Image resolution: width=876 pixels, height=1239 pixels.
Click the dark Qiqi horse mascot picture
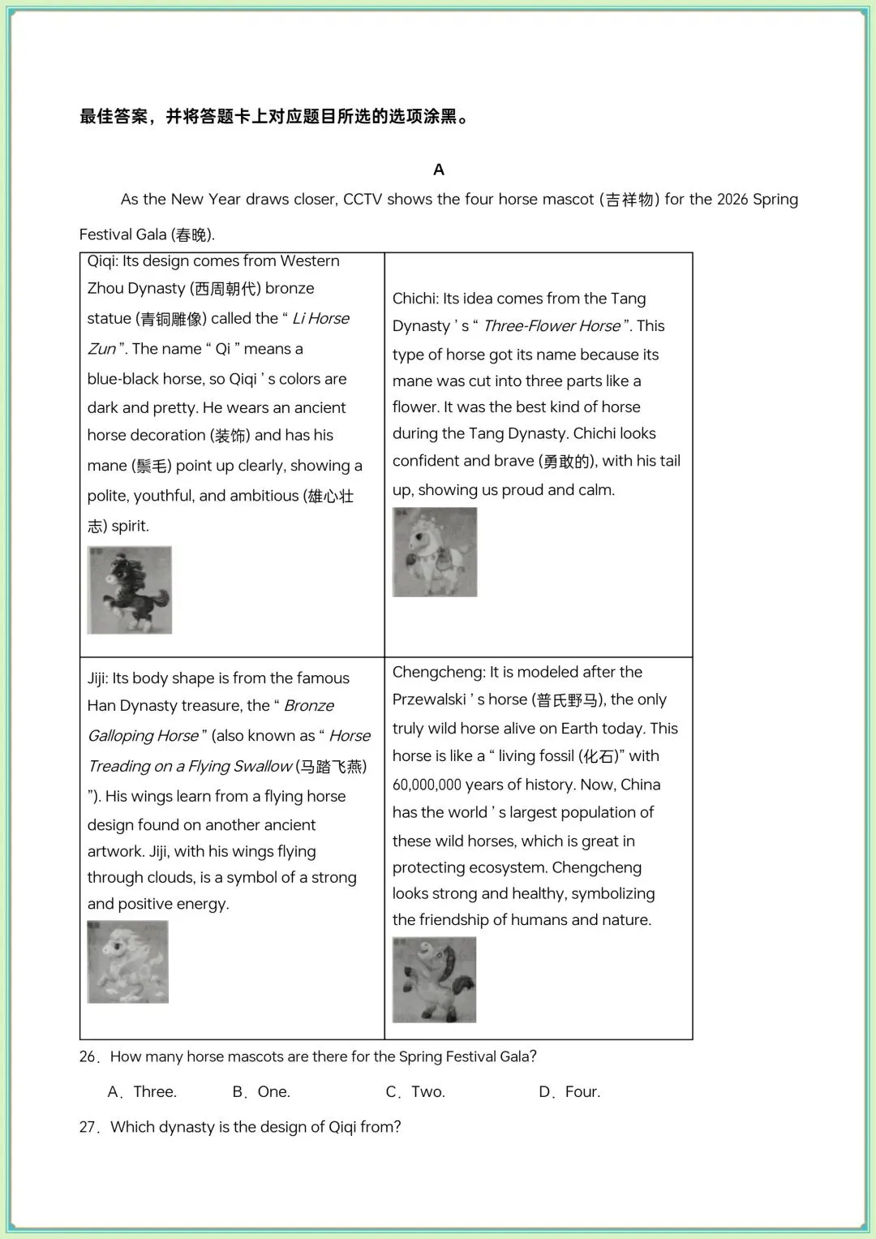click(x=130, y=590)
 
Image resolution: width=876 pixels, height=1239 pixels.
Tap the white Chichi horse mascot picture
click(x=435, y=552)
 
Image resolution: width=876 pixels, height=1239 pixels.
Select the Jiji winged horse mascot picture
click(x=128, y=962)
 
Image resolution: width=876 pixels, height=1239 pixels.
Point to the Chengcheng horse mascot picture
click(x=434, y=979)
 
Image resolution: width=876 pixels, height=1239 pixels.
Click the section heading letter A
click(x=439, y=170)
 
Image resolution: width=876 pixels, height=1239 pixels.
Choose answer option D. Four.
click(x=570, y=1092)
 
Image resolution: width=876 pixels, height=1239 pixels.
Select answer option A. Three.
click(x=143, y=1092)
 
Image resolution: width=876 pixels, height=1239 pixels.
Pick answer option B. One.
click(x=261, y=1092)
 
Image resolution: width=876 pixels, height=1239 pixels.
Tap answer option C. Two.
click(x=415, y=1092)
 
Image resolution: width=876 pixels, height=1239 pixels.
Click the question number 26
click(x=88, y=1057)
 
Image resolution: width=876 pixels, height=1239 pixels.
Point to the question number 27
click(x=88, y=1128)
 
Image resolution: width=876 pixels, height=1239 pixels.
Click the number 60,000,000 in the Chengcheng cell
click(x=427, y=785)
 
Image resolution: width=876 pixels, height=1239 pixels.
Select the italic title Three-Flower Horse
click(x=552, y=326)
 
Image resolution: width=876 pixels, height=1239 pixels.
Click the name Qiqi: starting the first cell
click(x=103, y=261)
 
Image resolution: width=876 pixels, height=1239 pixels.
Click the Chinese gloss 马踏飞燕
click(x=332, y=767)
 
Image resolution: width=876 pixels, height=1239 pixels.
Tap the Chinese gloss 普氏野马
click(x=568, y=700)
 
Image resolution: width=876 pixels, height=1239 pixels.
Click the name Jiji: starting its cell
click(x=97, y=678)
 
